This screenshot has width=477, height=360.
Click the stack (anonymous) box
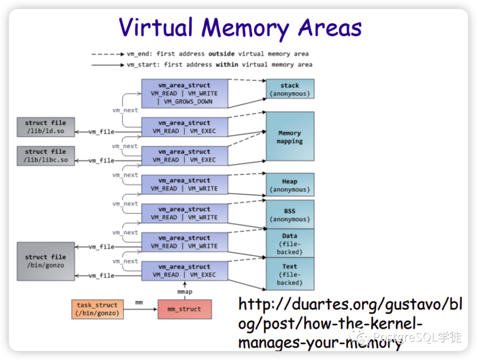(290, 89)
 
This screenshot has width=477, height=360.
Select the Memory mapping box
(290, 136)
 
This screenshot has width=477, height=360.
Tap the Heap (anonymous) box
(290, 185)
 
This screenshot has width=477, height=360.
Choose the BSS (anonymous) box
(290, 215)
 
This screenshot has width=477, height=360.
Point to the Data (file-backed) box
(290, 243)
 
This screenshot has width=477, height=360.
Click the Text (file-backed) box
(290, 274)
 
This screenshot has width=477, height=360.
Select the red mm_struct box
(185, 309)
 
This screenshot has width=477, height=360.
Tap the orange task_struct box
(97, 309)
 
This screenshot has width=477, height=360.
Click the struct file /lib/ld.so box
(45, 127)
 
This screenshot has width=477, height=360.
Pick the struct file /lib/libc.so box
(45, 156)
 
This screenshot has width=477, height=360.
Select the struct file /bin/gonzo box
(45, 261)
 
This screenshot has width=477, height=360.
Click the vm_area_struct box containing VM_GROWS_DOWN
(185, 94)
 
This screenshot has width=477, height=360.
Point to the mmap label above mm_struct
(185, 292)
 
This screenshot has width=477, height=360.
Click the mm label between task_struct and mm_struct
(139, 302)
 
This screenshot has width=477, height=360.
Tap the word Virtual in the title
(156, 27)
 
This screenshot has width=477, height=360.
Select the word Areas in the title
(330, 27)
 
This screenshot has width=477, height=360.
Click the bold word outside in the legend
(221, 54)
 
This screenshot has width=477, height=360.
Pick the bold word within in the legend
(227, 64)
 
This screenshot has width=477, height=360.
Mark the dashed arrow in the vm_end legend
(108, 54)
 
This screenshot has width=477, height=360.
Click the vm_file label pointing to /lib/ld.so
(101, 132)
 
